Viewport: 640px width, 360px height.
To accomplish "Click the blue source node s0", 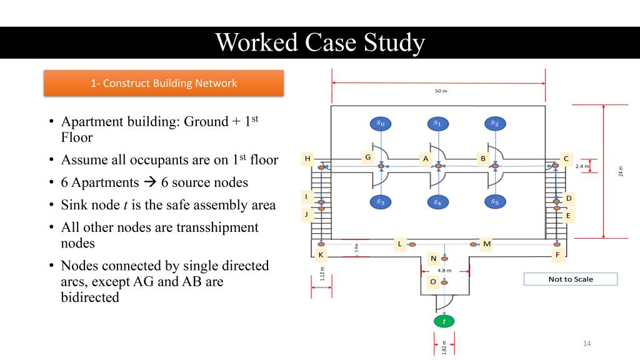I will pos(381,124).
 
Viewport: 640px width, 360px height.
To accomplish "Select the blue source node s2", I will pos(495,124).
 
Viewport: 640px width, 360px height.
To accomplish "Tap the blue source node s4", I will pos(437,202).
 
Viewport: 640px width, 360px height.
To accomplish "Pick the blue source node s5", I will pos(495,201).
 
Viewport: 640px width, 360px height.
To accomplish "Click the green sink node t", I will pos(444,321).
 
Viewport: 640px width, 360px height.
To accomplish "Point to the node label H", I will pos(307,159).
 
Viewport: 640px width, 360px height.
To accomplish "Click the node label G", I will pos(368,157).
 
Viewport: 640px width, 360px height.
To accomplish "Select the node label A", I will pos(426,159).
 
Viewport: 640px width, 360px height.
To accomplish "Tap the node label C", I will pos(566,159).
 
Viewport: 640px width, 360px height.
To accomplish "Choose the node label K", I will pos(321,255).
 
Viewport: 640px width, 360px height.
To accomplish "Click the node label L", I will pos(400,244).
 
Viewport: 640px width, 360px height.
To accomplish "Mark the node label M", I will pos(487,244).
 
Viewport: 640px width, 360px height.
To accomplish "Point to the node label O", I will pos(432,282).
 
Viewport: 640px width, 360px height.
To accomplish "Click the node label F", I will pos(557,255).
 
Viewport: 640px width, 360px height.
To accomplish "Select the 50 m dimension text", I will pos(441,91).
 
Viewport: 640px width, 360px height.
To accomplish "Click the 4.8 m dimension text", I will pos(444,271).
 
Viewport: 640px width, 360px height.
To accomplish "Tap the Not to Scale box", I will pos(570,279).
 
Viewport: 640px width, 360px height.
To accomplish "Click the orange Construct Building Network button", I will pos(164,83).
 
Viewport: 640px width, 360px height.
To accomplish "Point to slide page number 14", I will pos(586,343).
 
